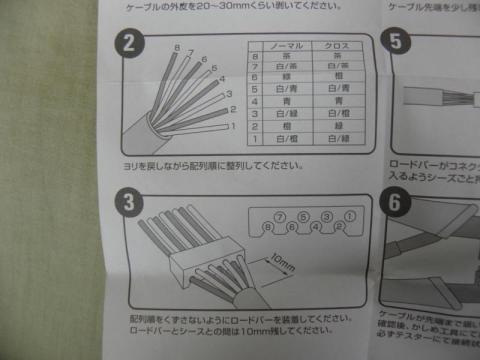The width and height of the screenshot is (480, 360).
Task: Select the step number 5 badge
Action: [396, 43]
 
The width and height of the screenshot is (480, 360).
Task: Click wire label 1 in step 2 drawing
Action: [231, 127]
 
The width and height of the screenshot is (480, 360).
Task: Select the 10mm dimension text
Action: [281, 265]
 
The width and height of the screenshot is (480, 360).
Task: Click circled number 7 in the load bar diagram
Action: [279, 216]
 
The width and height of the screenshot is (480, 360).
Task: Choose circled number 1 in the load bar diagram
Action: [349, 215]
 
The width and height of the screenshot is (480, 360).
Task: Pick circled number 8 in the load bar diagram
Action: [265, 229]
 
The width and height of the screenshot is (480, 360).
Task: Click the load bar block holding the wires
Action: [199, 263]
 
